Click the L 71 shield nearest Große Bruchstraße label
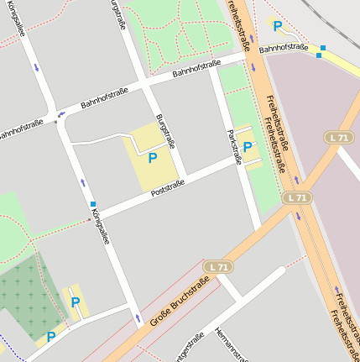click(x=218, y=266)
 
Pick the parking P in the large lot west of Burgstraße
click(x=152, y=157)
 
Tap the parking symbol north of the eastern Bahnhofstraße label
click(x=278, y=27)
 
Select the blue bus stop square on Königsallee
click(x=93, y=204)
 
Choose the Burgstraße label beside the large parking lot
click(x=166, y=131)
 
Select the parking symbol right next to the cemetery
click(x=76, y=302)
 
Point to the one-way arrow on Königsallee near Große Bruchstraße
click(x=137, y=318)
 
